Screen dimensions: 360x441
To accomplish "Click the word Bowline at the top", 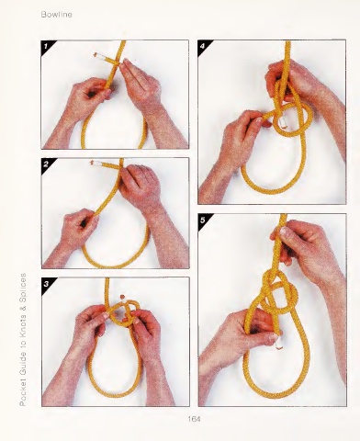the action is [x=57, y=15].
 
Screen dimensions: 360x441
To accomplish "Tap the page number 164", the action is [x=194, y=419].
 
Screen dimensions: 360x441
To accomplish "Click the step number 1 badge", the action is [x=46, y=46].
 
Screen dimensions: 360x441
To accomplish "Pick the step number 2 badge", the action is [x=46, y=164].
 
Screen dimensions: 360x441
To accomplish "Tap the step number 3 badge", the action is [x=46, y=284].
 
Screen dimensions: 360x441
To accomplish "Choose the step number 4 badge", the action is [x=202, y=46].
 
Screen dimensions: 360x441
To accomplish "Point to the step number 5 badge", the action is [x=203, y=220].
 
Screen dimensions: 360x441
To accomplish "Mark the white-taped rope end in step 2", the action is [x=95, y=163].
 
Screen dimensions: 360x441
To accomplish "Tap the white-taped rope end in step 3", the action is [x=122, y=298].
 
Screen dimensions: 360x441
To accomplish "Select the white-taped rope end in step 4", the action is [x=283, y=122].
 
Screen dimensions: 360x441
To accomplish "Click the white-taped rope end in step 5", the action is [x=278, y=342].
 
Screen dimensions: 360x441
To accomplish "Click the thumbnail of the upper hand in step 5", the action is [x=285, y=232].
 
